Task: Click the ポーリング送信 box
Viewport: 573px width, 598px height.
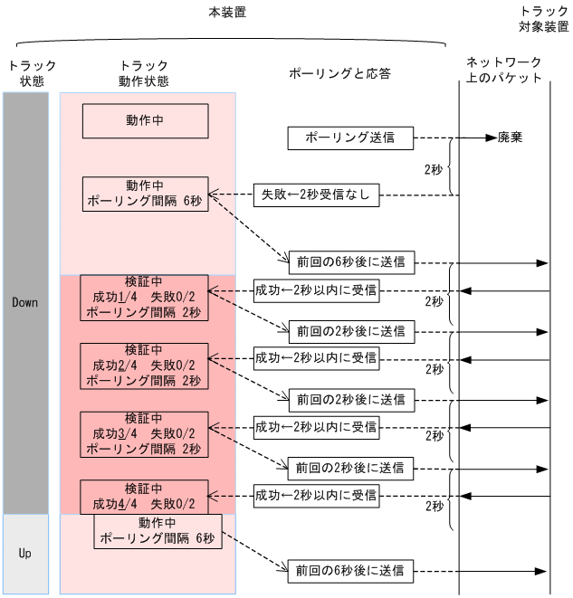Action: pyautogui.click(x=350, y=138)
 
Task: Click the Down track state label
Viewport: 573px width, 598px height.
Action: pyautogui.click(x=25, y=302)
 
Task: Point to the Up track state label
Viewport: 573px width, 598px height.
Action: pyautogui.click(x=25, y=553)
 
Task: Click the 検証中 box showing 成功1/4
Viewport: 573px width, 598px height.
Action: pyautogui.click(x=145, y=297)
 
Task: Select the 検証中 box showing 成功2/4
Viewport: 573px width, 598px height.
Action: pyautogui.click(x=145, y=365)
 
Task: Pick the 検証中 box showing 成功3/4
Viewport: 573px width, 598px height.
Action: pyautogui.click(x=145, y=432)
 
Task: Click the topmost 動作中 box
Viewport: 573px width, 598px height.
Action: pyautogui.click(x=145, y=120)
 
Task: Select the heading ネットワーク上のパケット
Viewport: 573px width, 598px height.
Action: pyautogui.click(x=504, y=70)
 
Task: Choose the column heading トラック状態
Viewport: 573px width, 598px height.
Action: pyautogui.click(x=31, y=72)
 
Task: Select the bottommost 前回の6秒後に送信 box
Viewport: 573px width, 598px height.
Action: pyautogui.click(x=350, y=571)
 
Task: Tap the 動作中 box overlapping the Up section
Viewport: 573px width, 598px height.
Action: pyautogui.click(x=158, y=531)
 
